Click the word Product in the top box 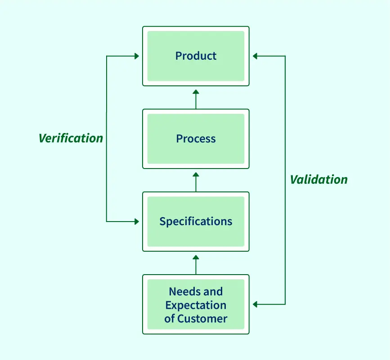[196, 56]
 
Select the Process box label [196, 139]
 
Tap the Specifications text [196, 222]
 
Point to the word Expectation [196, 305]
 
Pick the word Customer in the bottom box [202, 319]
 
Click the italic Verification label [71, 138]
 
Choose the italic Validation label [318, 180]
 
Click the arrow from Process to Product [196, 99]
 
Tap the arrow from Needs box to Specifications [196, 264]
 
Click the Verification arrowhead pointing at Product [137, 56]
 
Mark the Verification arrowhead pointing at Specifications [137, 222]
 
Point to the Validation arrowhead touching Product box [255, 56]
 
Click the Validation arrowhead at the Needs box [255, 304]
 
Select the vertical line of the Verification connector [107, 180]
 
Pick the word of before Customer [170, 319]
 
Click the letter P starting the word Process [179, 139]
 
